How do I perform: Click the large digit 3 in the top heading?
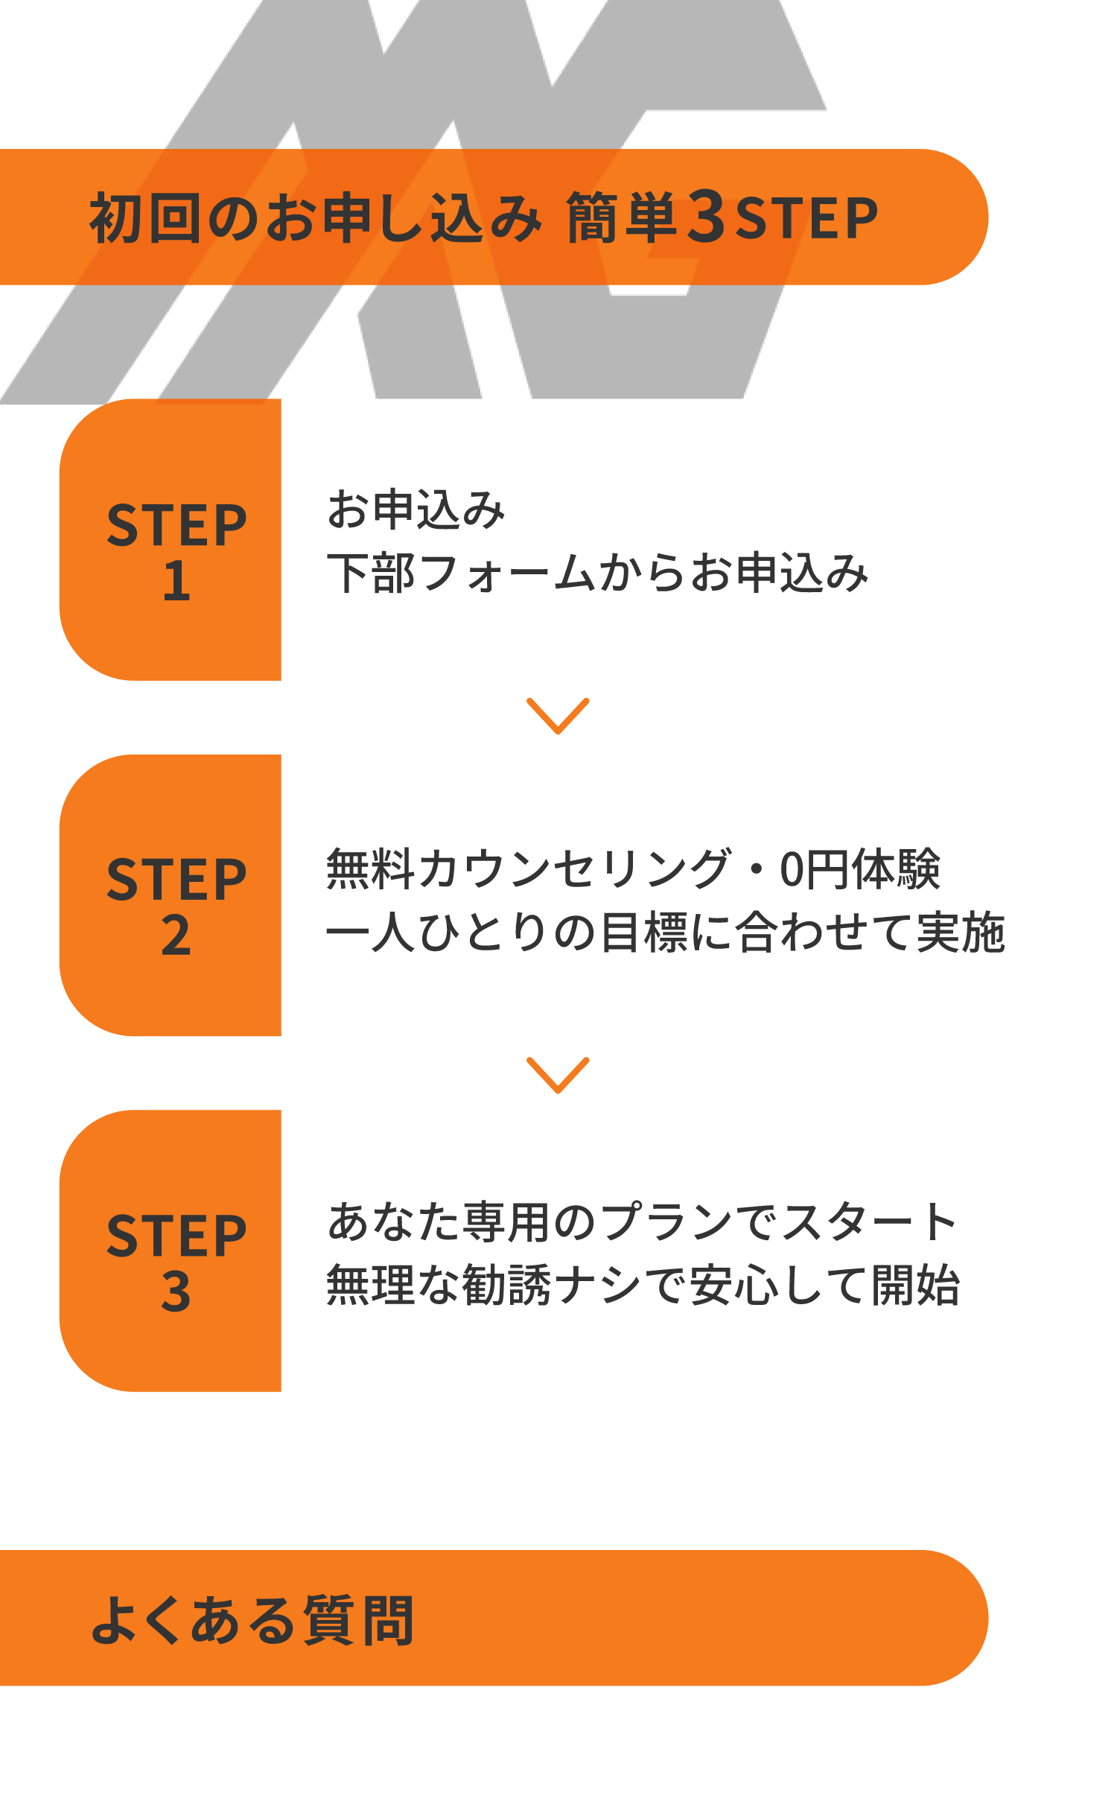click(706, 216)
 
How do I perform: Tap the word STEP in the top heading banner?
click(806, 218)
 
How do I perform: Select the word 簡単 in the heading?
click(621, 217)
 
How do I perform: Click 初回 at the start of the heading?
click(145, 217)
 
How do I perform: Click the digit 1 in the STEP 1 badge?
click(176, 581)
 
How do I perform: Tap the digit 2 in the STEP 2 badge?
click(176, 935)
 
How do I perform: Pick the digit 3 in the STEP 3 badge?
click(176, 1291)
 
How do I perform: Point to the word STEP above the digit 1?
click(176, 525)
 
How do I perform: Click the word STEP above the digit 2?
click(176, 880)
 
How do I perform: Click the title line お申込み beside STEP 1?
click(416, 510)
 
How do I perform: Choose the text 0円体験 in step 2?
click(859, 869)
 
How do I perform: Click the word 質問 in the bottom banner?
click(359, 1620)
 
